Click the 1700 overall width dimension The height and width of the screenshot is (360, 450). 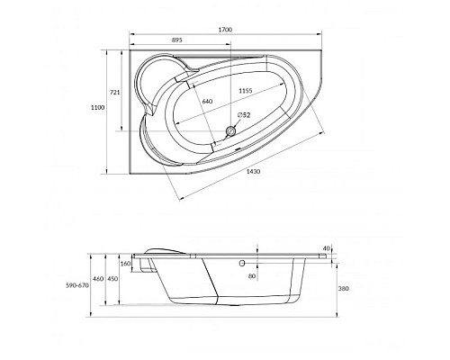tap(225, 30)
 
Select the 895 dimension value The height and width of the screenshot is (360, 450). tap(176, 40)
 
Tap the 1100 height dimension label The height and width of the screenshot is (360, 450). tap(98, 107)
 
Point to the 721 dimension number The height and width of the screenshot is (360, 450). tap(115, 93)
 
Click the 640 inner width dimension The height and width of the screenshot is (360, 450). tap(207, 102)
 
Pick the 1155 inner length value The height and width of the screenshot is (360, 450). tap(246, 91)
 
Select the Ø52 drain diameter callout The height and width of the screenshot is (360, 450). tap(244, 114)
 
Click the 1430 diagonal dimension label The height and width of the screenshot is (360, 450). tap(253, 172)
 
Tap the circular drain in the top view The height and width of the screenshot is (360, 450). tap(230, 130)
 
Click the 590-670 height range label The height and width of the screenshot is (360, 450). tap(77, 285)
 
